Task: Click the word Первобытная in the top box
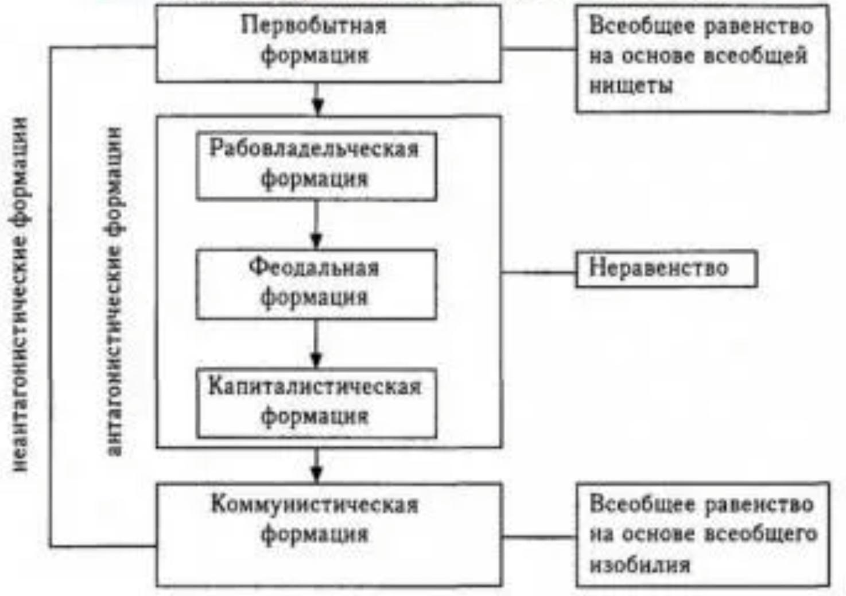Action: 313,26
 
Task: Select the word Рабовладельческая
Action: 314,149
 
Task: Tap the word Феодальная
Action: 314,268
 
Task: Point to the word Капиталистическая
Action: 315,386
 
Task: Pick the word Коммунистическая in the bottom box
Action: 315,505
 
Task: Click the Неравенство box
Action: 666,268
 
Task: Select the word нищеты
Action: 631,86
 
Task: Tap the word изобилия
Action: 639,564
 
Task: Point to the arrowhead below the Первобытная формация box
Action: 317,107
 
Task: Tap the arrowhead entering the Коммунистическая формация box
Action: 316,473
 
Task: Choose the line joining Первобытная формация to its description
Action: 538,49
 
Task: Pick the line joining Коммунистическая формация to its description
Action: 538,537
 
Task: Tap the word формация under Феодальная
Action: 314,297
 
